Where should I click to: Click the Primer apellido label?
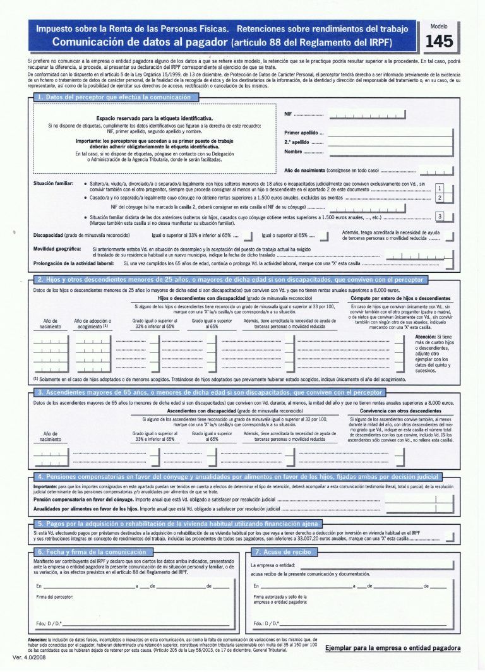pos(300,133)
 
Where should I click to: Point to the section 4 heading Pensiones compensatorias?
pos(237,477)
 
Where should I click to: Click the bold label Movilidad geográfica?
pos(57,249)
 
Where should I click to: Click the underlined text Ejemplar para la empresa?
pos(392,648)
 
